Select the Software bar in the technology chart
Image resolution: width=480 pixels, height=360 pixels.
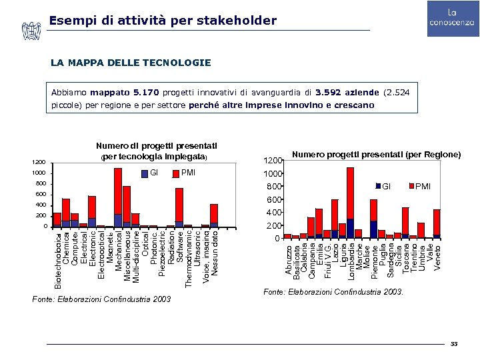(x=179, y=207)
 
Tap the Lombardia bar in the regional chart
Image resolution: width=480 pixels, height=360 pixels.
(x=351, y=203)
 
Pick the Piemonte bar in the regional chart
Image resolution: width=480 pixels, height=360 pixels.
(x=373, y=219)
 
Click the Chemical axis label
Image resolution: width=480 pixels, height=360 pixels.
(x=66, y=245)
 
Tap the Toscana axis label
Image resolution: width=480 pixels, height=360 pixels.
(x=405, y=256)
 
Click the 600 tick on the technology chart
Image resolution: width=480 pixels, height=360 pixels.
(x=41, y=194)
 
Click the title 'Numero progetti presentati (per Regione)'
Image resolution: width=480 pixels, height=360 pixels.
(x=377, y=155)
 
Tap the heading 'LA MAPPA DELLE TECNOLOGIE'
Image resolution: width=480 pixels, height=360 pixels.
(x=131, y=63)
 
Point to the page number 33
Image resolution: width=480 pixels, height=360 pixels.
(x=454, y=343)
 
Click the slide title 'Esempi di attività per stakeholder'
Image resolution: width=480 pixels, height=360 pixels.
(x=163, y=21)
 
